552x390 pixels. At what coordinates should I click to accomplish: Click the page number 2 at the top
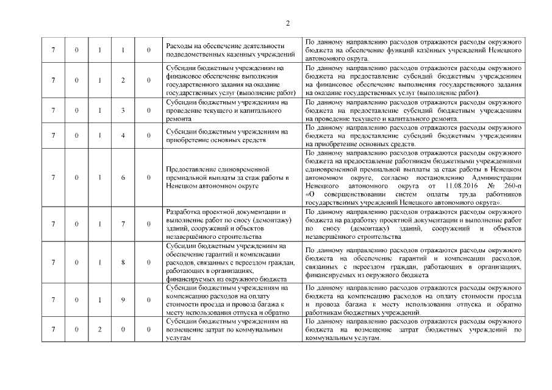point(287,24)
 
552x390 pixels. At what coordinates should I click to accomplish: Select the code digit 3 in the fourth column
point(123,110)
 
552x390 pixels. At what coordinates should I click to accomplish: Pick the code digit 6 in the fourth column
point(123,177)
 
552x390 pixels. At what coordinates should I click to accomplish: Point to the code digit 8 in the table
point(123,262)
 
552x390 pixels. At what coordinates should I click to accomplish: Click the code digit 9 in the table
point(123,300)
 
